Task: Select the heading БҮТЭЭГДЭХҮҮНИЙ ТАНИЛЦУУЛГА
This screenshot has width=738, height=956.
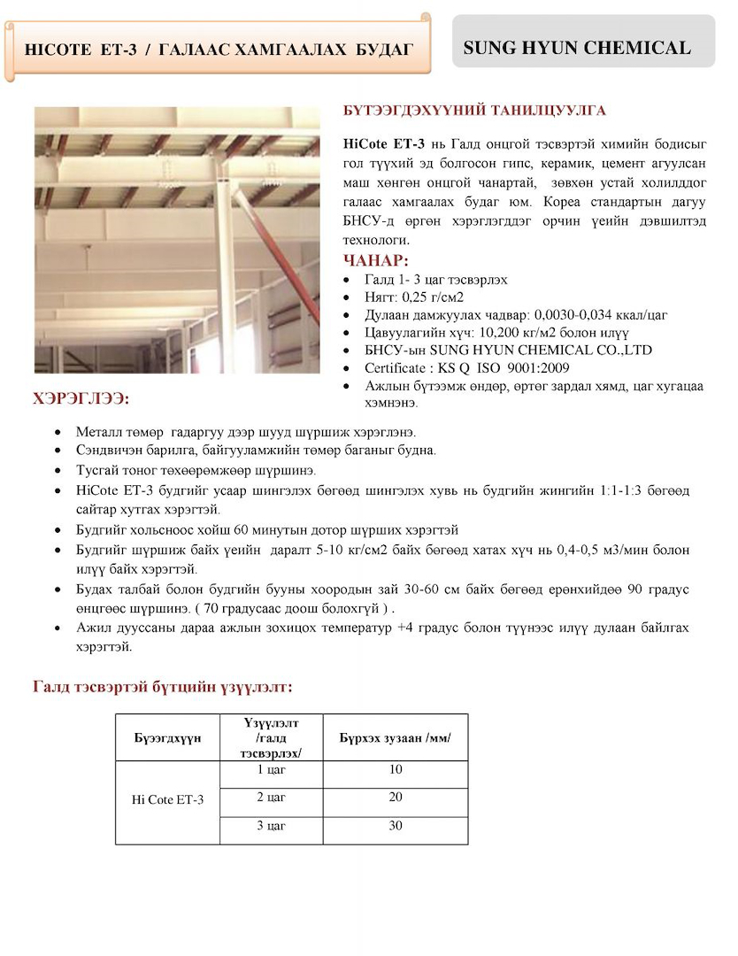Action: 474,112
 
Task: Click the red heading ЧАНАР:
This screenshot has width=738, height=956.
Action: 376,260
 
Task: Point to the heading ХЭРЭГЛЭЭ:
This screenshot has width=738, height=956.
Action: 81,400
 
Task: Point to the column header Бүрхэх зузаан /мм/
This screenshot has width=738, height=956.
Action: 396,736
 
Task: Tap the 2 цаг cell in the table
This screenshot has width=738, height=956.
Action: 272,798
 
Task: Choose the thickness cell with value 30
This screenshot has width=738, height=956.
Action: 396,826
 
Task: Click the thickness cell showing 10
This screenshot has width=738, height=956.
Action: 396,770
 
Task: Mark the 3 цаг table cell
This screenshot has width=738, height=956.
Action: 272,826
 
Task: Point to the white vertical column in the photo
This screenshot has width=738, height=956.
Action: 227,266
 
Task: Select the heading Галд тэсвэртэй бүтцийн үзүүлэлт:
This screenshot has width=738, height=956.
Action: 163,687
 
